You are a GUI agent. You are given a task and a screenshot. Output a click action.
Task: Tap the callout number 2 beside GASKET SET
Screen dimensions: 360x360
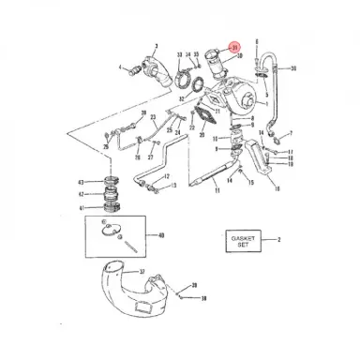[x=278, y=241]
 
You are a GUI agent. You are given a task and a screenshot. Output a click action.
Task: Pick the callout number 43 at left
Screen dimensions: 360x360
[x=82, y=181]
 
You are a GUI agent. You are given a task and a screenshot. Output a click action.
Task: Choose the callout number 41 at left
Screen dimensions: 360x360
[x=82, y=206]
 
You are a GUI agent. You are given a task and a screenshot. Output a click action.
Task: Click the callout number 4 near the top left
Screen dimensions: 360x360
[x=120, y=67]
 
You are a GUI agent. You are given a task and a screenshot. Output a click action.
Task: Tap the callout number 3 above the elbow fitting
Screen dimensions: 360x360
[x=156, y=44]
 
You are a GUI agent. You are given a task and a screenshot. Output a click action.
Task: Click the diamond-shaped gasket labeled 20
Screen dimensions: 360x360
[x=199, y=118]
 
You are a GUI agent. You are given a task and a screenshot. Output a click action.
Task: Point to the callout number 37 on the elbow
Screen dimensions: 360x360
[x=142, y=272]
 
